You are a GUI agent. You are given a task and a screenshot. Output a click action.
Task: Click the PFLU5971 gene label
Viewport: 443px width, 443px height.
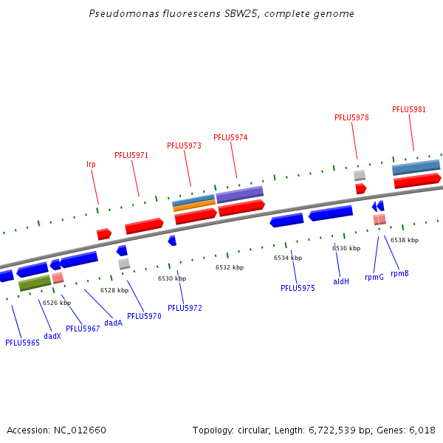131,155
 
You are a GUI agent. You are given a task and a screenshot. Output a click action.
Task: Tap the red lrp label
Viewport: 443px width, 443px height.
91,164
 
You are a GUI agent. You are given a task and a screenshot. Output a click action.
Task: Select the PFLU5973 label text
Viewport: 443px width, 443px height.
184,145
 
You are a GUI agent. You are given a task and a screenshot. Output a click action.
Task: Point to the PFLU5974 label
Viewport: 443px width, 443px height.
230,137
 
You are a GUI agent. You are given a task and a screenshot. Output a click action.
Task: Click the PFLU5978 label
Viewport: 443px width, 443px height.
351,117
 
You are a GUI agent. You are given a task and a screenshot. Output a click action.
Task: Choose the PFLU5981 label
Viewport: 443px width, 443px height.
409,109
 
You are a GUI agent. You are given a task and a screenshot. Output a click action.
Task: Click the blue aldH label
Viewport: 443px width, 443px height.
341,281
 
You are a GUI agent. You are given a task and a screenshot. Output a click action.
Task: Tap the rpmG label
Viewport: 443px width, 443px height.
374,278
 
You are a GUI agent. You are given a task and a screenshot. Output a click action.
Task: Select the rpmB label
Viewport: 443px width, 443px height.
399,273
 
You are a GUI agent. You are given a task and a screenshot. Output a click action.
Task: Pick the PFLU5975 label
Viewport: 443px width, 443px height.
298,288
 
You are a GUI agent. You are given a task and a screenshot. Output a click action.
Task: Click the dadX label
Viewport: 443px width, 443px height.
52,336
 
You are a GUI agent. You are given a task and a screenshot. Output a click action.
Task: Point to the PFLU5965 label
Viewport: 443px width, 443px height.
22,343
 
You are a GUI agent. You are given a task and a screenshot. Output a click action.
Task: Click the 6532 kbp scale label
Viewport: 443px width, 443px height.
230,267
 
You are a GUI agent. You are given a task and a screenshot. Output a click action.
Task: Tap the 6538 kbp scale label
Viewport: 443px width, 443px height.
405,240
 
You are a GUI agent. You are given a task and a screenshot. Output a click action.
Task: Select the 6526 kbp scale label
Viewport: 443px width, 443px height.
57,303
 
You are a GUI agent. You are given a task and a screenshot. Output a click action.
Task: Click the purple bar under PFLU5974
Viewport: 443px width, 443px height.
239,194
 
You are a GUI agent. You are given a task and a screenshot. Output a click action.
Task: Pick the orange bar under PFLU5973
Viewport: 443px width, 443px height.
194,206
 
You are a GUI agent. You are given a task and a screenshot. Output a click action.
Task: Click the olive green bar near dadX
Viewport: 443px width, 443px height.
35,282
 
